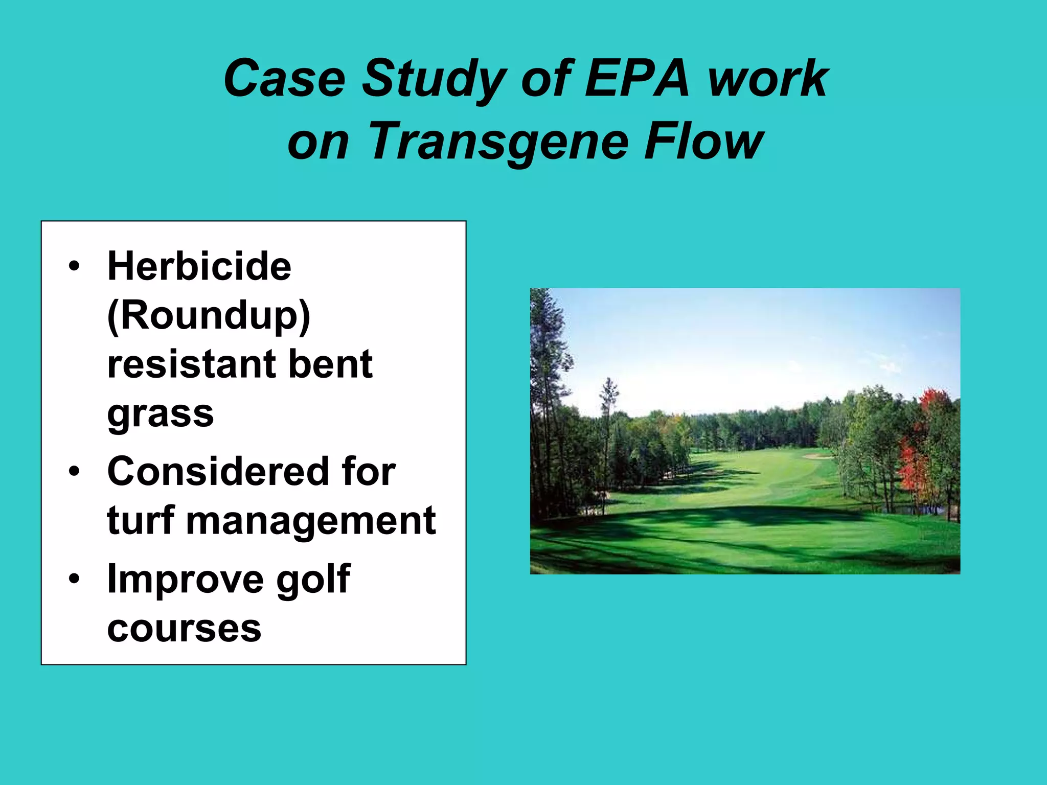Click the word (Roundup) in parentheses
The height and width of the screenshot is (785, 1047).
point(209,316)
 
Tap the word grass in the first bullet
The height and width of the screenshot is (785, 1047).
point(160,414)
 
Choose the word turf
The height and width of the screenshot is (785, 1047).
point(141,520)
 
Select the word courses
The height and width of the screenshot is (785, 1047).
point(184,629)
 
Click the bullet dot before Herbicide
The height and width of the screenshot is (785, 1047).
point(75,266)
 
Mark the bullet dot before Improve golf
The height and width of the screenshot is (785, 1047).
point(75,579)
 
